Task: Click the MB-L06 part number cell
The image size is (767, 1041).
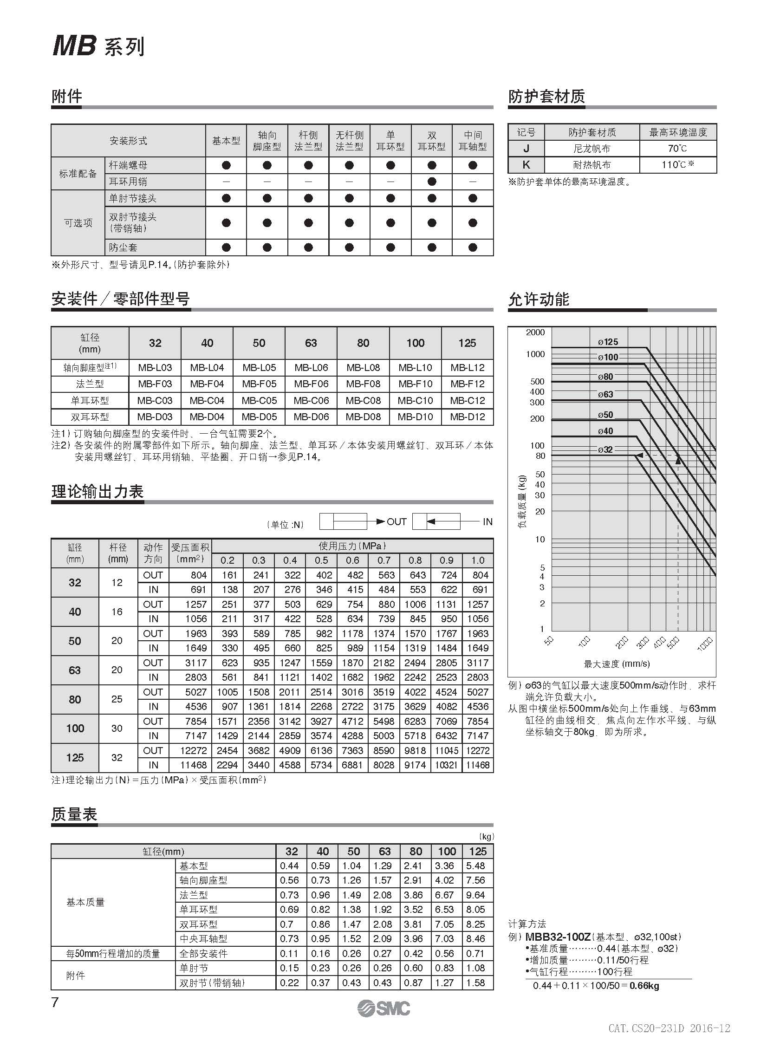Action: click(311, 367)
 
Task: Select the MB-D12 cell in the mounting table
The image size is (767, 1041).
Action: click(467, 416)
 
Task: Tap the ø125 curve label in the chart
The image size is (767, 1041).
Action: click(608, 342)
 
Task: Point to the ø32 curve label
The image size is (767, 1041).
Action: click(605, 449)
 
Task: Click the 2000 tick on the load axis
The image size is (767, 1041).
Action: click(535, 332)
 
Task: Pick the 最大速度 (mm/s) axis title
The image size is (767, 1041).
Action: click(617, 664)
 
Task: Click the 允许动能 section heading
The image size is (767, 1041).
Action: click(539, 299)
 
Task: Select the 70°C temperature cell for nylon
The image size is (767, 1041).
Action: click(677, 149)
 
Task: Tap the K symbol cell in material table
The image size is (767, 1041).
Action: click(526, 165)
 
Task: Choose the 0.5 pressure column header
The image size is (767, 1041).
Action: click(321, 560)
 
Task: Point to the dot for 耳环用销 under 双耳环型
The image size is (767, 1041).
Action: click(432, 182)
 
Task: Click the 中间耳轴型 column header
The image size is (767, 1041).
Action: click(473, 141)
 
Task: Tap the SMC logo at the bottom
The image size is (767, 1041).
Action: click(383, 1008)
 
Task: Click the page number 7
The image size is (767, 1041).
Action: click(55, 1002)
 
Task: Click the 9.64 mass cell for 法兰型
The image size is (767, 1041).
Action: click(475, 895)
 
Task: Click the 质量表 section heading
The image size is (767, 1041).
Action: click(74, 814)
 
